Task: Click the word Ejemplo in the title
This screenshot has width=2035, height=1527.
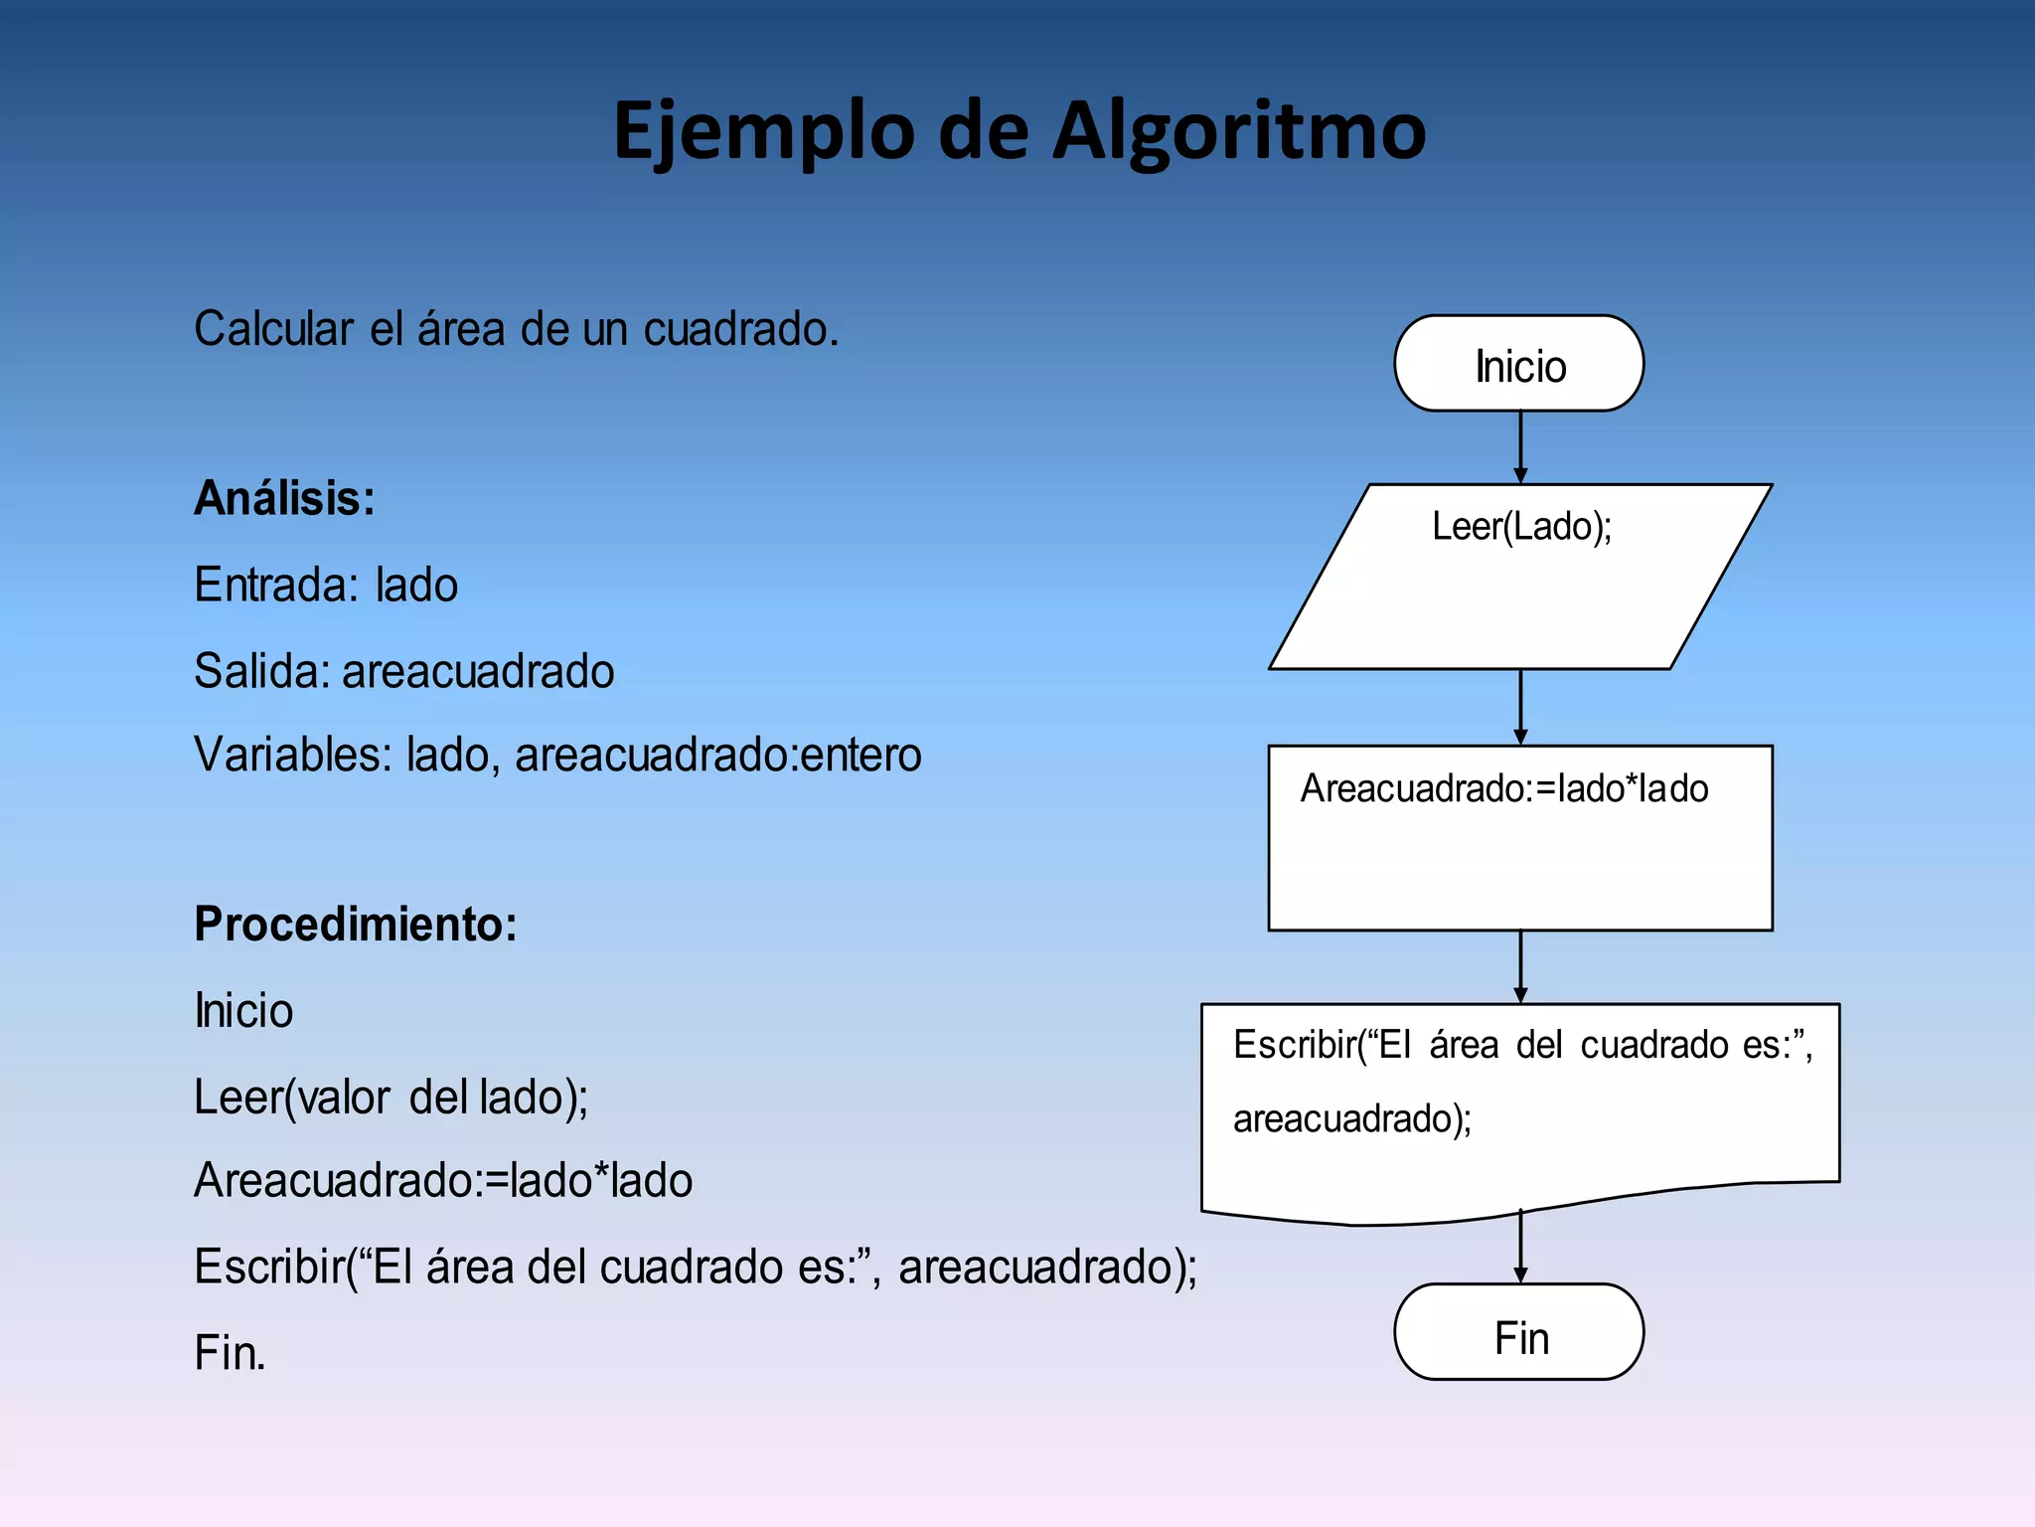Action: coord(763,131)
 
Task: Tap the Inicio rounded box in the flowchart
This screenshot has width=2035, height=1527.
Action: coord(1518,364)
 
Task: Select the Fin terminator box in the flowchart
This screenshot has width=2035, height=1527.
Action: coord(1518,1333)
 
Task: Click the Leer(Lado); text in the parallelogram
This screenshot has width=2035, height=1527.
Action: coord(1520,526)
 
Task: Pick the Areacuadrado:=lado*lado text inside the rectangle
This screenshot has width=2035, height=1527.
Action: coord(1503,788)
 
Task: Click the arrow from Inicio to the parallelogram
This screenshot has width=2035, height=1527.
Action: coord(1520,447)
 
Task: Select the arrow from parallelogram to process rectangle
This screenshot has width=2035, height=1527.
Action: coord(1520,707)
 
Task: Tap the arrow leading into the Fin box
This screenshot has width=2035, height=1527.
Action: coord(1520,1248)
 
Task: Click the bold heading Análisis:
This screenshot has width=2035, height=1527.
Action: coord(284,498)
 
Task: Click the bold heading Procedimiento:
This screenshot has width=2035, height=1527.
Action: coord(355,924)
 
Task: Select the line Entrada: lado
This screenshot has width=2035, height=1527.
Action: coord(326,585)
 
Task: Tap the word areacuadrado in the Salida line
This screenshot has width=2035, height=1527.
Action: coord(478,671)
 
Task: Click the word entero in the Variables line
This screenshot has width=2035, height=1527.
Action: coord(861,755)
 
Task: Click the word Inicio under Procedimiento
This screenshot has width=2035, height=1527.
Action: coord(243,1011)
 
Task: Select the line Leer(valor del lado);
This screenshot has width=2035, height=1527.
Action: coord(391,1098)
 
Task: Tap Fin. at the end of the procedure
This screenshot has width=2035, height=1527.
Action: coord(230,1353)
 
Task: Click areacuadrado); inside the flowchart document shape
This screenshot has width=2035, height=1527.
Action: coord(1351,1119)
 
